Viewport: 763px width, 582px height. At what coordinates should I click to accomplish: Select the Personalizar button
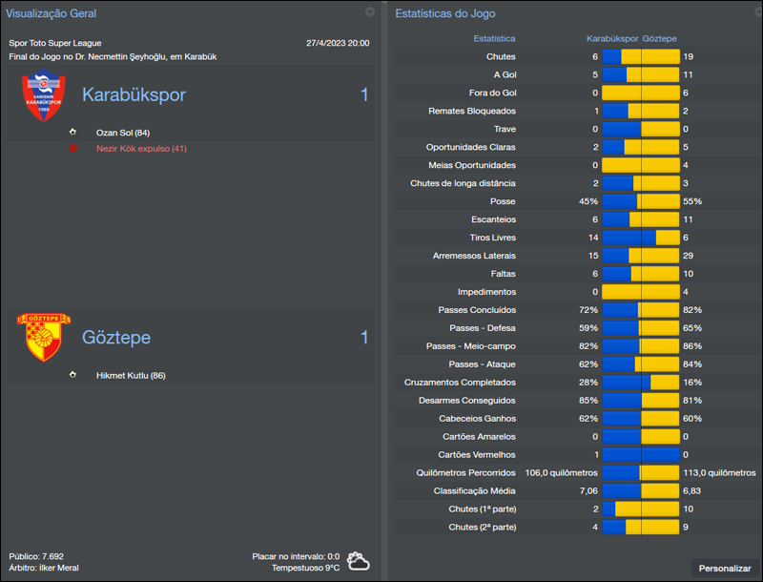pyautogui.click(x=725, y=569)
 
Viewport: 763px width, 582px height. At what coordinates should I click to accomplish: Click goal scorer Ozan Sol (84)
pyautogui.click(x=123, y=133)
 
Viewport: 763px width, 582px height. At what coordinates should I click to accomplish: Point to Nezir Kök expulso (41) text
pyautogui.click(x=141, y=149)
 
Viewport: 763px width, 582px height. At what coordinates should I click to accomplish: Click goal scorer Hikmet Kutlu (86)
pyautogui.click(x=131, y=375)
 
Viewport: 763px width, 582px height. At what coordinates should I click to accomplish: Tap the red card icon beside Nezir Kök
pyautogui.click(x=72, y=149)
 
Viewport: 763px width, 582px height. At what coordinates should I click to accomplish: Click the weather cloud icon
pyautogui.click(x=359, y=561)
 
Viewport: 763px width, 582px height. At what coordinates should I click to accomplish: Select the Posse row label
pyautogui.click(x=503, y=201)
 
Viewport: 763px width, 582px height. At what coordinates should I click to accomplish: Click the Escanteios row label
pyautogui.click(x=493, y=219)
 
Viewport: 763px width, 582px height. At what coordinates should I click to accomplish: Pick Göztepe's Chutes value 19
pyautogui.click(x=688, y=57)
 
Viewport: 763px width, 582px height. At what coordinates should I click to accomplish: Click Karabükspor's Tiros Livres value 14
pyautogui.click(x=592, y=238)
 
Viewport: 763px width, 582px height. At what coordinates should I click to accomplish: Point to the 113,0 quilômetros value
pyautogui.click(x=717, y=472)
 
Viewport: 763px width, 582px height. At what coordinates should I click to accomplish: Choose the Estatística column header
pyautogui.click(x=494, y=39)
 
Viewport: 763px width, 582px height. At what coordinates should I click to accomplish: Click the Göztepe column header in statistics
pyautogui.click(x=660, y=39)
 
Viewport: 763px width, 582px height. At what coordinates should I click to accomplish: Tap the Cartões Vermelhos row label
pyautogui.click(x=477, y=454)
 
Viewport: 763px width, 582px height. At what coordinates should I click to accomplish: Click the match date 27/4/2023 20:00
pyautogui.click(x=338, y=43)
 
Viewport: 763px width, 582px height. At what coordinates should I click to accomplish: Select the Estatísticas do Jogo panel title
pyautogui.click(x=444, y=13)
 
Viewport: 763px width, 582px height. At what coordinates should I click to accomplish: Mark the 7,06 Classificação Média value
pyautogui.click(x=587, y=490)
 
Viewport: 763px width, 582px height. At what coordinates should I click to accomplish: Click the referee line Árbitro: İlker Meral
pyautogui.click(x=44, y=568)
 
